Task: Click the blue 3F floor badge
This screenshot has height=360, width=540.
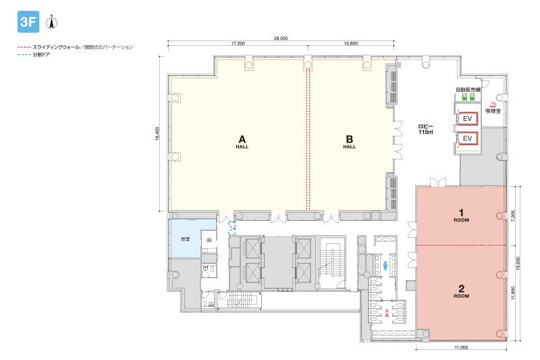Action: point(28,22)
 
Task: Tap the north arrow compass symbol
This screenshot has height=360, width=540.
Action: point(52,22)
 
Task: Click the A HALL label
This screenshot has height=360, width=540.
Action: point(242,141)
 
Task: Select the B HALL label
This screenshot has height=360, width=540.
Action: point(349,141)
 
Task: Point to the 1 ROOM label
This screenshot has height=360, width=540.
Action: point(461,215)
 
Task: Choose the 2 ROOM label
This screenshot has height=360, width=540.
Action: point(461,292)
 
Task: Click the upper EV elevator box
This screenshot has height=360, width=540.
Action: point(467,118)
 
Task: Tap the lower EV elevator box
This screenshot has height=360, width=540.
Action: point(467,138)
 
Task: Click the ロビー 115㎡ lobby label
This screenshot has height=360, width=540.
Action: point(426,129)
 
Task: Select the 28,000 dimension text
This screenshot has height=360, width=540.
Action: point(281,38)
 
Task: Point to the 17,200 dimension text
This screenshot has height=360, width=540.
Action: point(238,44)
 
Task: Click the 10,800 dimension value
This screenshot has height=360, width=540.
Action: point(350,44)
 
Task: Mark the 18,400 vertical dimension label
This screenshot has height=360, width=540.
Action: point(157,134)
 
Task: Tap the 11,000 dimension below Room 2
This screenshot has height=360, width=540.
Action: point(461,347)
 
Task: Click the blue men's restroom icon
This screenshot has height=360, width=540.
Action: point(385,265)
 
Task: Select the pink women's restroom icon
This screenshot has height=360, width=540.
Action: point(387,313)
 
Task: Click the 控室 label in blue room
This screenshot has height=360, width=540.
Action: point(185,238)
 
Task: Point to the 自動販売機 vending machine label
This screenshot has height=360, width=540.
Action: point(468,90)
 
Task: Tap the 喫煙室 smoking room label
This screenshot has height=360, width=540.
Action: point(493,111)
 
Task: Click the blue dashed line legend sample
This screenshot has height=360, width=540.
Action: point(24,55)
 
